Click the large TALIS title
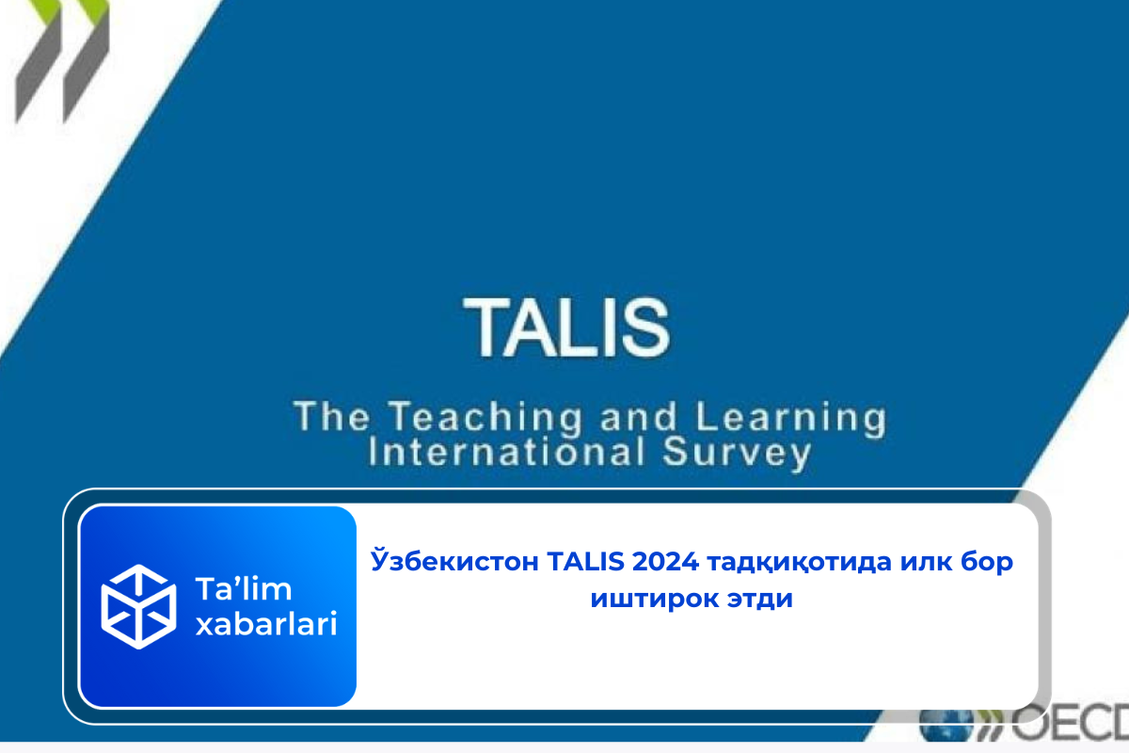point(566,327)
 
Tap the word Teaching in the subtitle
point(485,418)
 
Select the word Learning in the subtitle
point(791,418)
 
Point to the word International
point(506,452)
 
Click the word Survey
point(737,453)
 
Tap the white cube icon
point(138,606)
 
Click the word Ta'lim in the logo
point(244,588)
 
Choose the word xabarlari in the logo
point(266,624)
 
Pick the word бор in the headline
point(987,562)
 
